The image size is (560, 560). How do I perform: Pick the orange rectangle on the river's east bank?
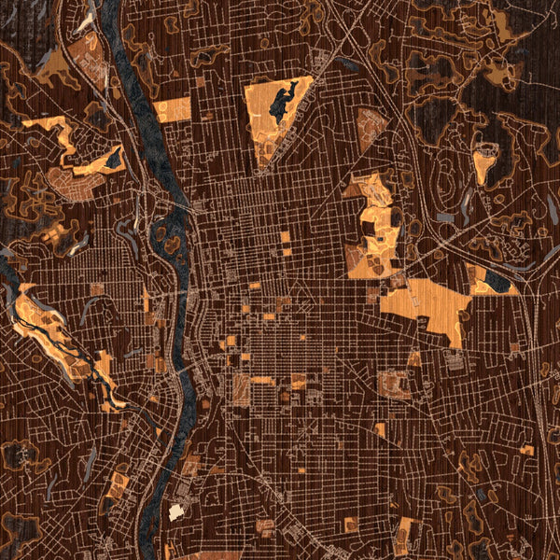[173, 109]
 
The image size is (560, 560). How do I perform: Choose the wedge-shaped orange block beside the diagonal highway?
[371, 126]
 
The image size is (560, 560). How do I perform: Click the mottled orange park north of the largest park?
[373, 224]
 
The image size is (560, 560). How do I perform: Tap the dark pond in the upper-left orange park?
[113, 161]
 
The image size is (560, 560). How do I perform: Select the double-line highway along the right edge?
[539, 373]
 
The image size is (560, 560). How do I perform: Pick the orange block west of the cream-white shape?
[118, 483]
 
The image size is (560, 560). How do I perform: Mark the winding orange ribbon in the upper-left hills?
[61, 135]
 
